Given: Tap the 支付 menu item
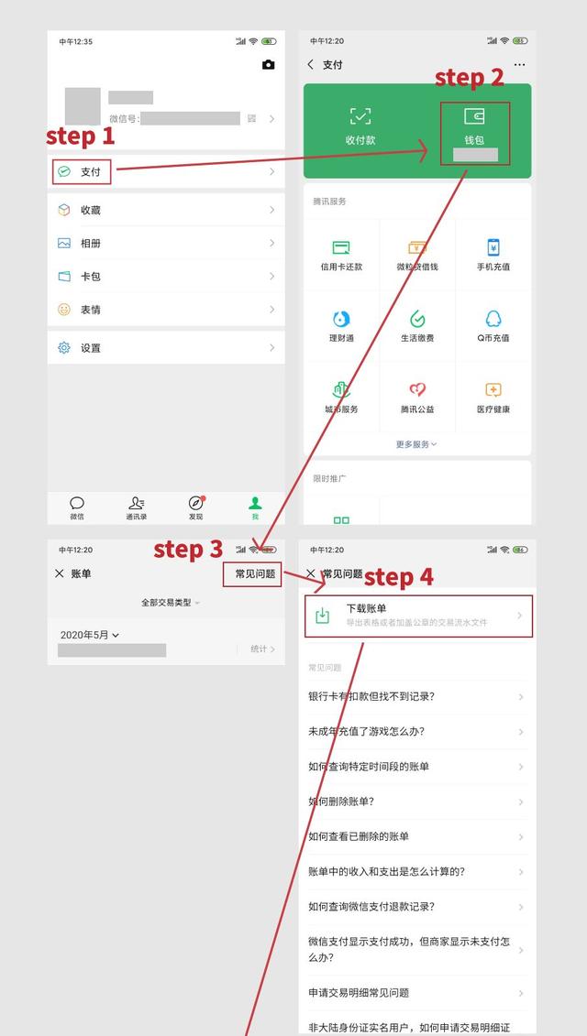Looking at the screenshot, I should (x=90, y=172).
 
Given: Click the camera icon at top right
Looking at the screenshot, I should (x=268, y=65).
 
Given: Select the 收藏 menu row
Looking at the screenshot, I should (x=90, y=210).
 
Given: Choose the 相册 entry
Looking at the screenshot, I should (x=90, y=244).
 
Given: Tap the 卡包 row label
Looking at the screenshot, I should (x=90, y=277).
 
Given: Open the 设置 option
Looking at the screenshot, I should (x=90, y=348).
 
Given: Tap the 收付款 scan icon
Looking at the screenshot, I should (x=360, y=116).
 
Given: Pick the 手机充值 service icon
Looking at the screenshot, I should (x=493, y=248).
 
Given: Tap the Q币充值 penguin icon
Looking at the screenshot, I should (x=493, y=320).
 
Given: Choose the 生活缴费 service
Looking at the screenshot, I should (x=417, y=320).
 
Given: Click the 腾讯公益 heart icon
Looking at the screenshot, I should (x=417, y=391).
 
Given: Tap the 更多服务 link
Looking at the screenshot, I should (x=416, y=444).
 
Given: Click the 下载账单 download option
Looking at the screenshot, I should (x=418, y=616).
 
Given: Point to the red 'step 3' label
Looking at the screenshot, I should (x=188, y=549).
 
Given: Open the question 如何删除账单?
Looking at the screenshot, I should (x=341, y=802).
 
